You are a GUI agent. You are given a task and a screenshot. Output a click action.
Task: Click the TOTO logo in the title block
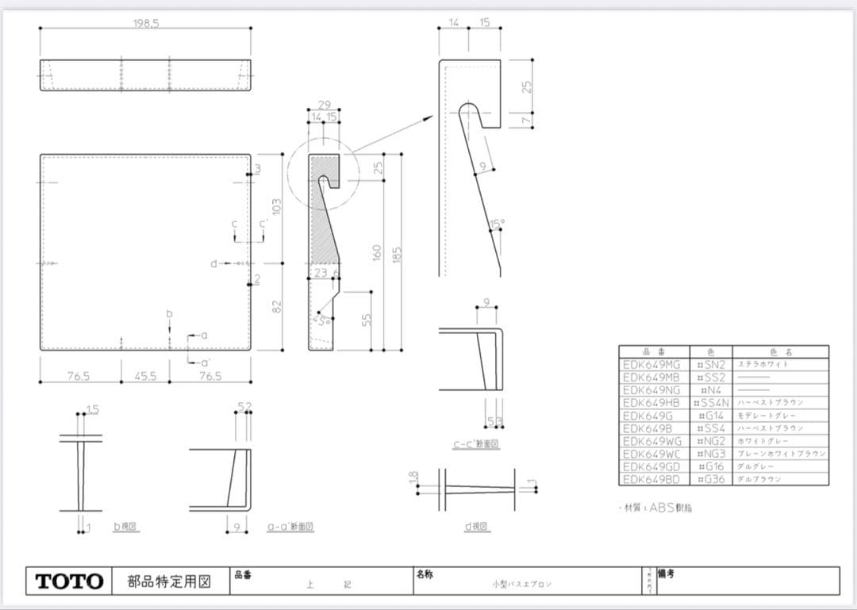click(69, 581)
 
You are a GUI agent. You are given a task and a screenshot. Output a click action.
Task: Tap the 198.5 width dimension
click(146, 23)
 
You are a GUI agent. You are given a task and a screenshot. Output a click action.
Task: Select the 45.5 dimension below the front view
click(145, 376)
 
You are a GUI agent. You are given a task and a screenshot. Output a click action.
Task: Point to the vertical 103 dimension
click(277, 206)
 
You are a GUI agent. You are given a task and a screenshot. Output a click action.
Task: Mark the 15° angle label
click(497, 224)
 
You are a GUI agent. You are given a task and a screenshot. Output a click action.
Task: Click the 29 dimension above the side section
click(324, 105)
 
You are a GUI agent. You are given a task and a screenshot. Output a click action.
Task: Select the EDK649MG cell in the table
click(651, 364)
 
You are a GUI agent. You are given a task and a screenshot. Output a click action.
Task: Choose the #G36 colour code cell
click(711, 479)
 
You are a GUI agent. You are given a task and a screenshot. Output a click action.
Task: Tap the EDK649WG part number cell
click(651, 441)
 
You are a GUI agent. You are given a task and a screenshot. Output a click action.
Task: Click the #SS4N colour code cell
click(711, 403)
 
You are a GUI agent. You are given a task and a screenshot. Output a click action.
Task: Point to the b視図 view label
click(126, 526)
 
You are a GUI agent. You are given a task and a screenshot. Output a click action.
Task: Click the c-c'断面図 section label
click(476, 444)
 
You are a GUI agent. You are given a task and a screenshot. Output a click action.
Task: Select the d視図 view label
click(477, 526)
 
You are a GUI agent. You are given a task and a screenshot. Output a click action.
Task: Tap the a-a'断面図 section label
click(290, 526)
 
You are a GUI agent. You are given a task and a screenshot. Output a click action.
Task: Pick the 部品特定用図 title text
click(169, 581)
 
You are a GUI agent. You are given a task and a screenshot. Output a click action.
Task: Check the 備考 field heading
click(666, 573)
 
